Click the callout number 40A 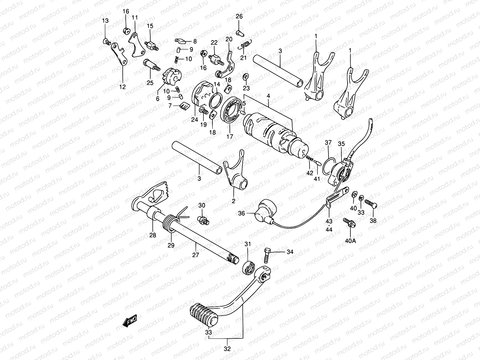tap(350, 241)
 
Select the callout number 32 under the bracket tap(227, 349)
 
